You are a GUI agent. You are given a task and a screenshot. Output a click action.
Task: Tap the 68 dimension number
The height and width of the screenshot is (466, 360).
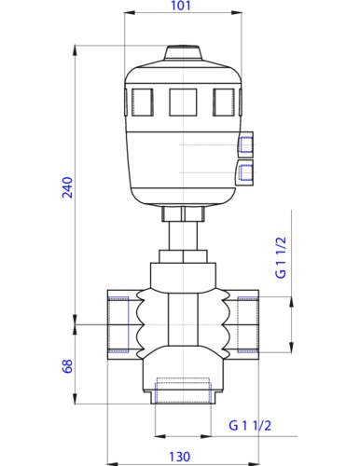tap(65, 365)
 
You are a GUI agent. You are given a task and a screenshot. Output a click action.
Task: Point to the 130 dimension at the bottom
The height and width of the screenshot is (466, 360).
tap(179, 456)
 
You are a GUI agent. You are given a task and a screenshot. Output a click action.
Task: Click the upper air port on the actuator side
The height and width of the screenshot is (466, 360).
tap(246, 145)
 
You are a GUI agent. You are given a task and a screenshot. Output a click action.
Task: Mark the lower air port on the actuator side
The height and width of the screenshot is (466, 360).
tap(246, 171)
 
